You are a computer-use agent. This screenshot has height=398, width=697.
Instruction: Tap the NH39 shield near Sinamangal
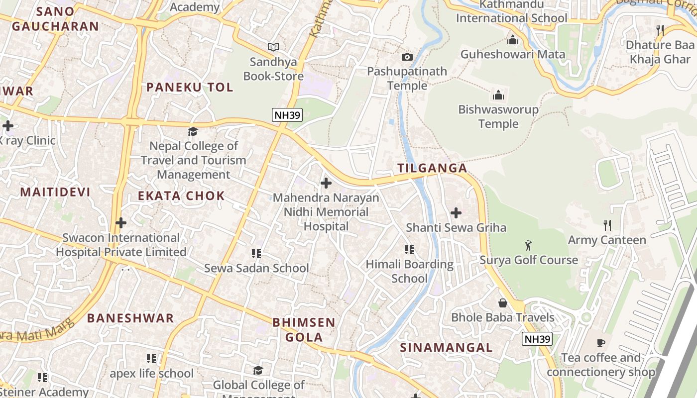tap(537, 339)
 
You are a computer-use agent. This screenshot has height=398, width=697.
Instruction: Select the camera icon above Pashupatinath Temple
tap(407, 57)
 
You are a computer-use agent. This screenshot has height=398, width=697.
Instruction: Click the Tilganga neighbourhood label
tap(432, 168)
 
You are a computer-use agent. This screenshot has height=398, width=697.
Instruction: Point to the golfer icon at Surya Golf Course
tap(528, 245)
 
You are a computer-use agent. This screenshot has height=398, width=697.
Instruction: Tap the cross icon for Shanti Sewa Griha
tap(456, 213)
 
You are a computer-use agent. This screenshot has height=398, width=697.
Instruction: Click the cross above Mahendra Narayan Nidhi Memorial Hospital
tap(326, 183)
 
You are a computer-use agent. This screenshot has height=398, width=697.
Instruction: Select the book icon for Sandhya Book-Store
tap(273, 47)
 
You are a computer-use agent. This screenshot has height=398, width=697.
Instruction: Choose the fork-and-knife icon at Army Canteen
tap(607, 225)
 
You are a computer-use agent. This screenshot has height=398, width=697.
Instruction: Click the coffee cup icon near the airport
tap(601, 343)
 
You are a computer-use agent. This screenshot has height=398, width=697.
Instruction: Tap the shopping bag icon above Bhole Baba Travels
tap(503, 303)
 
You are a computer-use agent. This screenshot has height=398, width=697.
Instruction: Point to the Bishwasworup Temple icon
tap(498, 95)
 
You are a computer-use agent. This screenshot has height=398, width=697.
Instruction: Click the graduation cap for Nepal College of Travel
tap(193, 131)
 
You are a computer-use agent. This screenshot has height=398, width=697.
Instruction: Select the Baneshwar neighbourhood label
tap(130, 318)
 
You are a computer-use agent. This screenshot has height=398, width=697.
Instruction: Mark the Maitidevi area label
tap(55, 192)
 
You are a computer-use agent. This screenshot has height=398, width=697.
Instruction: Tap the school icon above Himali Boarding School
tap(409, 250)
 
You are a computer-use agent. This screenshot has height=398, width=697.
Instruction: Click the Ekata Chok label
tap(181, 196)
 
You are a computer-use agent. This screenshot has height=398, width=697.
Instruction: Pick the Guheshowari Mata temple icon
tap(512, 40)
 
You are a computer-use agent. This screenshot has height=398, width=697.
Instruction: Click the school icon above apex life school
tap(151, 359)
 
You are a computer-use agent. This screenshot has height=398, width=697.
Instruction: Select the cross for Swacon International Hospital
tap(120, 223)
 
